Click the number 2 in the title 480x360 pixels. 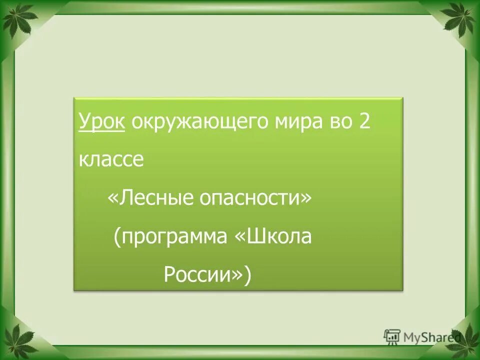[364, 121]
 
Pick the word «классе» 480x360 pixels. [111, 160]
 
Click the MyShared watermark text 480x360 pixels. [430, 337]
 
